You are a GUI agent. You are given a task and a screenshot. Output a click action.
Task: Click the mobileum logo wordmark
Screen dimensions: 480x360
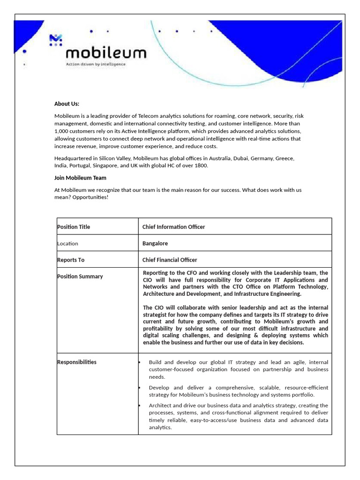[x=106, y=52]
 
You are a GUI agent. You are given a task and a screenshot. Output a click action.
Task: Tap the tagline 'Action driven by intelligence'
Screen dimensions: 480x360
[x=96, y=64]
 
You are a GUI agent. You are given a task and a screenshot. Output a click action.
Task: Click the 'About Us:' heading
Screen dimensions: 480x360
[x=67, y=104]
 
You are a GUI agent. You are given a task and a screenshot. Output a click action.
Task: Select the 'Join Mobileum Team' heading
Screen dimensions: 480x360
[x=80, y=178]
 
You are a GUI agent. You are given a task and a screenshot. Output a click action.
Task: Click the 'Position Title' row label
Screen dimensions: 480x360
[x=74, y=227]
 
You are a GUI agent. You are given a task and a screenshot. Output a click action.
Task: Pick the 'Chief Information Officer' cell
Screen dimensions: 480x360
[x=173, y=227]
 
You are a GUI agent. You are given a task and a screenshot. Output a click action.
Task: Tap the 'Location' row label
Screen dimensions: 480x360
[x=67, y=243]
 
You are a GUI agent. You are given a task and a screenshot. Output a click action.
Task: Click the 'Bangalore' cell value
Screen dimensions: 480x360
[x=155, y=243]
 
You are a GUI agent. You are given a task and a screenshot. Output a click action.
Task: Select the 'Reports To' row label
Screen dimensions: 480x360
[x=71, y=260]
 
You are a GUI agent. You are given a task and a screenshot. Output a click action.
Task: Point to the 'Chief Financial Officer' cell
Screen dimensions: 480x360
[x=170, y=260]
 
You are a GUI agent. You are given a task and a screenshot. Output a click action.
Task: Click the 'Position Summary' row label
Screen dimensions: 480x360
[x=80, y=276]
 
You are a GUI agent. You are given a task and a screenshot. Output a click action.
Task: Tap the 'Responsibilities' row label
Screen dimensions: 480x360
[x=77, y=362]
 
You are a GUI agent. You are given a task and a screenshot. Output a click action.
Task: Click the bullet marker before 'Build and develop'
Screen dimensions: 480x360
[x=140, y=362]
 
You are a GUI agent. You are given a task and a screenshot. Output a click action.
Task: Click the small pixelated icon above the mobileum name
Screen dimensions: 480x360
[x=56, y=40]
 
